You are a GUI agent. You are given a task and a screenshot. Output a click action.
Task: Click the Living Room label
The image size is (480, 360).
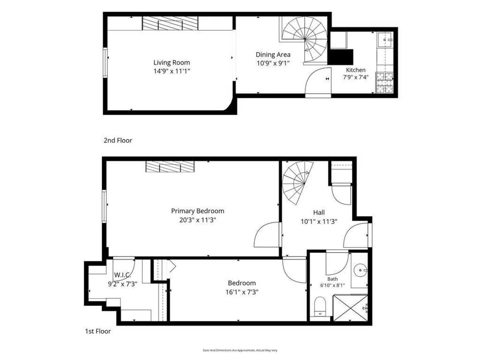(171, 63)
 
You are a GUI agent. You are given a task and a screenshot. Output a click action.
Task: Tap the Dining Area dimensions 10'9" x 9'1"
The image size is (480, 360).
(273, 63)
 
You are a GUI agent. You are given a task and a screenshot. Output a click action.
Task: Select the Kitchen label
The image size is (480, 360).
(356, 70)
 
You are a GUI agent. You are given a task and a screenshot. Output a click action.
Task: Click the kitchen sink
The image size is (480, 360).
(385, 40)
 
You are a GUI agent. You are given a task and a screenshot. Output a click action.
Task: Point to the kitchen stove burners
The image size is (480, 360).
(384, 83)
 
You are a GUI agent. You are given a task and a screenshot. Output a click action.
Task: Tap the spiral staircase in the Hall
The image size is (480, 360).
(298, 183)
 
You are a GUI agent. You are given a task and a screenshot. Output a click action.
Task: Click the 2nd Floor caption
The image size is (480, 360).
(118, 140)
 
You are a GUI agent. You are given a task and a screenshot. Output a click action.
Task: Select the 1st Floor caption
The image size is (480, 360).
(98, 331)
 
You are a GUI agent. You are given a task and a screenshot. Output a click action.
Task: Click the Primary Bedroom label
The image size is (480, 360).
(197, 211)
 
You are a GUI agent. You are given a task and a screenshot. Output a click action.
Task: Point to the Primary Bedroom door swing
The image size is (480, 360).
(267, 235)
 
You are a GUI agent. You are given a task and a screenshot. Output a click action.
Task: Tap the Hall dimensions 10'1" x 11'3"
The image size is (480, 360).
(319, 222)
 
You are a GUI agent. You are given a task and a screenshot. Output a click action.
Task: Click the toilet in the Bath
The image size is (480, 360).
(320, 306)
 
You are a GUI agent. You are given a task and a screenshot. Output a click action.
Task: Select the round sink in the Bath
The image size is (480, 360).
(360, 270)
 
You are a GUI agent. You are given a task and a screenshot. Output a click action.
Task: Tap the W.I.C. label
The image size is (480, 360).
(122, 275)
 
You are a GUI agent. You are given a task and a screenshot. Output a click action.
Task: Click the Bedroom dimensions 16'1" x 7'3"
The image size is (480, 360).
(242, 292)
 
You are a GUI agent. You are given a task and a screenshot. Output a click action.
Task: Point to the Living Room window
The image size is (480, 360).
(105, 63)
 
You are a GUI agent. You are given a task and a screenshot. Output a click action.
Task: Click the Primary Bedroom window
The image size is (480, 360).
(104, 207)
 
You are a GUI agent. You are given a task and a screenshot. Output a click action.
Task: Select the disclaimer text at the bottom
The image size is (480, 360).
(240, 350)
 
